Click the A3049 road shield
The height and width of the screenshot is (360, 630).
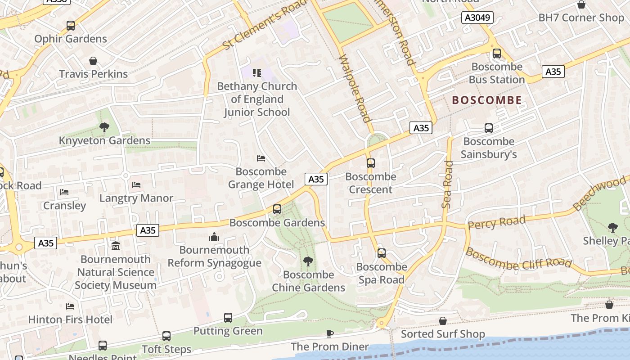pos(477,18)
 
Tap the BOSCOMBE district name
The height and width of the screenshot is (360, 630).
pos(487,100)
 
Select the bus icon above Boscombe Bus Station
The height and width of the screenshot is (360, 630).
pos(497,54)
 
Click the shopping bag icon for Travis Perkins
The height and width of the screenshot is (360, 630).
pos(93,61)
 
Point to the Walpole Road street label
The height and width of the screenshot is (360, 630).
pos(354,89)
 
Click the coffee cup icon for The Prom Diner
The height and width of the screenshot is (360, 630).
pos(330,333)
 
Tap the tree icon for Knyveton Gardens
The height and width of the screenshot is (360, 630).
pos(104,127)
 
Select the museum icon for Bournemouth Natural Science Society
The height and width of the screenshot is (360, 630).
pos(116,246)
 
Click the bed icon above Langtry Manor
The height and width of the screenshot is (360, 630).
pos(136,185)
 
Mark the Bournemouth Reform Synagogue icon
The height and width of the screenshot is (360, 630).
pos(214,237)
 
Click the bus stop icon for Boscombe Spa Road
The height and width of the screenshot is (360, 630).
pos(382,253)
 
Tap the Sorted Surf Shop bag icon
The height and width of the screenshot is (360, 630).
pos(443,321)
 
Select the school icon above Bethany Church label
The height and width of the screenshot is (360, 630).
pos(257,73)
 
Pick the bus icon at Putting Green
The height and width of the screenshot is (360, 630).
pos(228,318)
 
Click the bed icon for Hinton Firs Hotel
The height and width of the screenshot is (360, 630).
pos(70,306)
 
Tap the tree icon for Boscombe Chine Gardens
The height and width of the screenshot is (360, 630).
pos(308,261)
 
